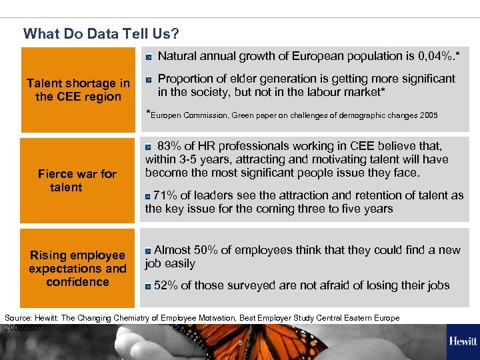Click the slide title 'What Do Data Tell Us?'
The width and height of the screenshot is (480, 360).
pos(101,33)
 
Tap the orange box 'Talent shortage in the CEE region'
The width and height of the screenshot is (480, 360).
pos(78,90)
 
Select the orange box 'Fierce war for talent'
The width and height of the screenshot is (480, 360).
pos(77,181)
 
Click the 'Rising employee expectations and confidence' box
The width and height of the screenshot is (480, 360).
pos(77,269)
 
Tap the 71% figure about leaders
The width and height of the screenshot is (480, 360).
pos(165,195)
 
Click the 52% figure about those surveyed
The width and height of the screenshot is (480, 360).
pos(165,285)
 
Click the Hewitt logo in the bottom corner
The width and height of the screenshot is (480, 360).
pos(463,341)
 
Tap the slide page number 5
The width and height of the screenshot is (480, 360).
pos(240,342)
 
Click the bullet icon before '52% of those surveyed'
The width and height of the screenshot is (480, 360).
pos(147,286)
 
